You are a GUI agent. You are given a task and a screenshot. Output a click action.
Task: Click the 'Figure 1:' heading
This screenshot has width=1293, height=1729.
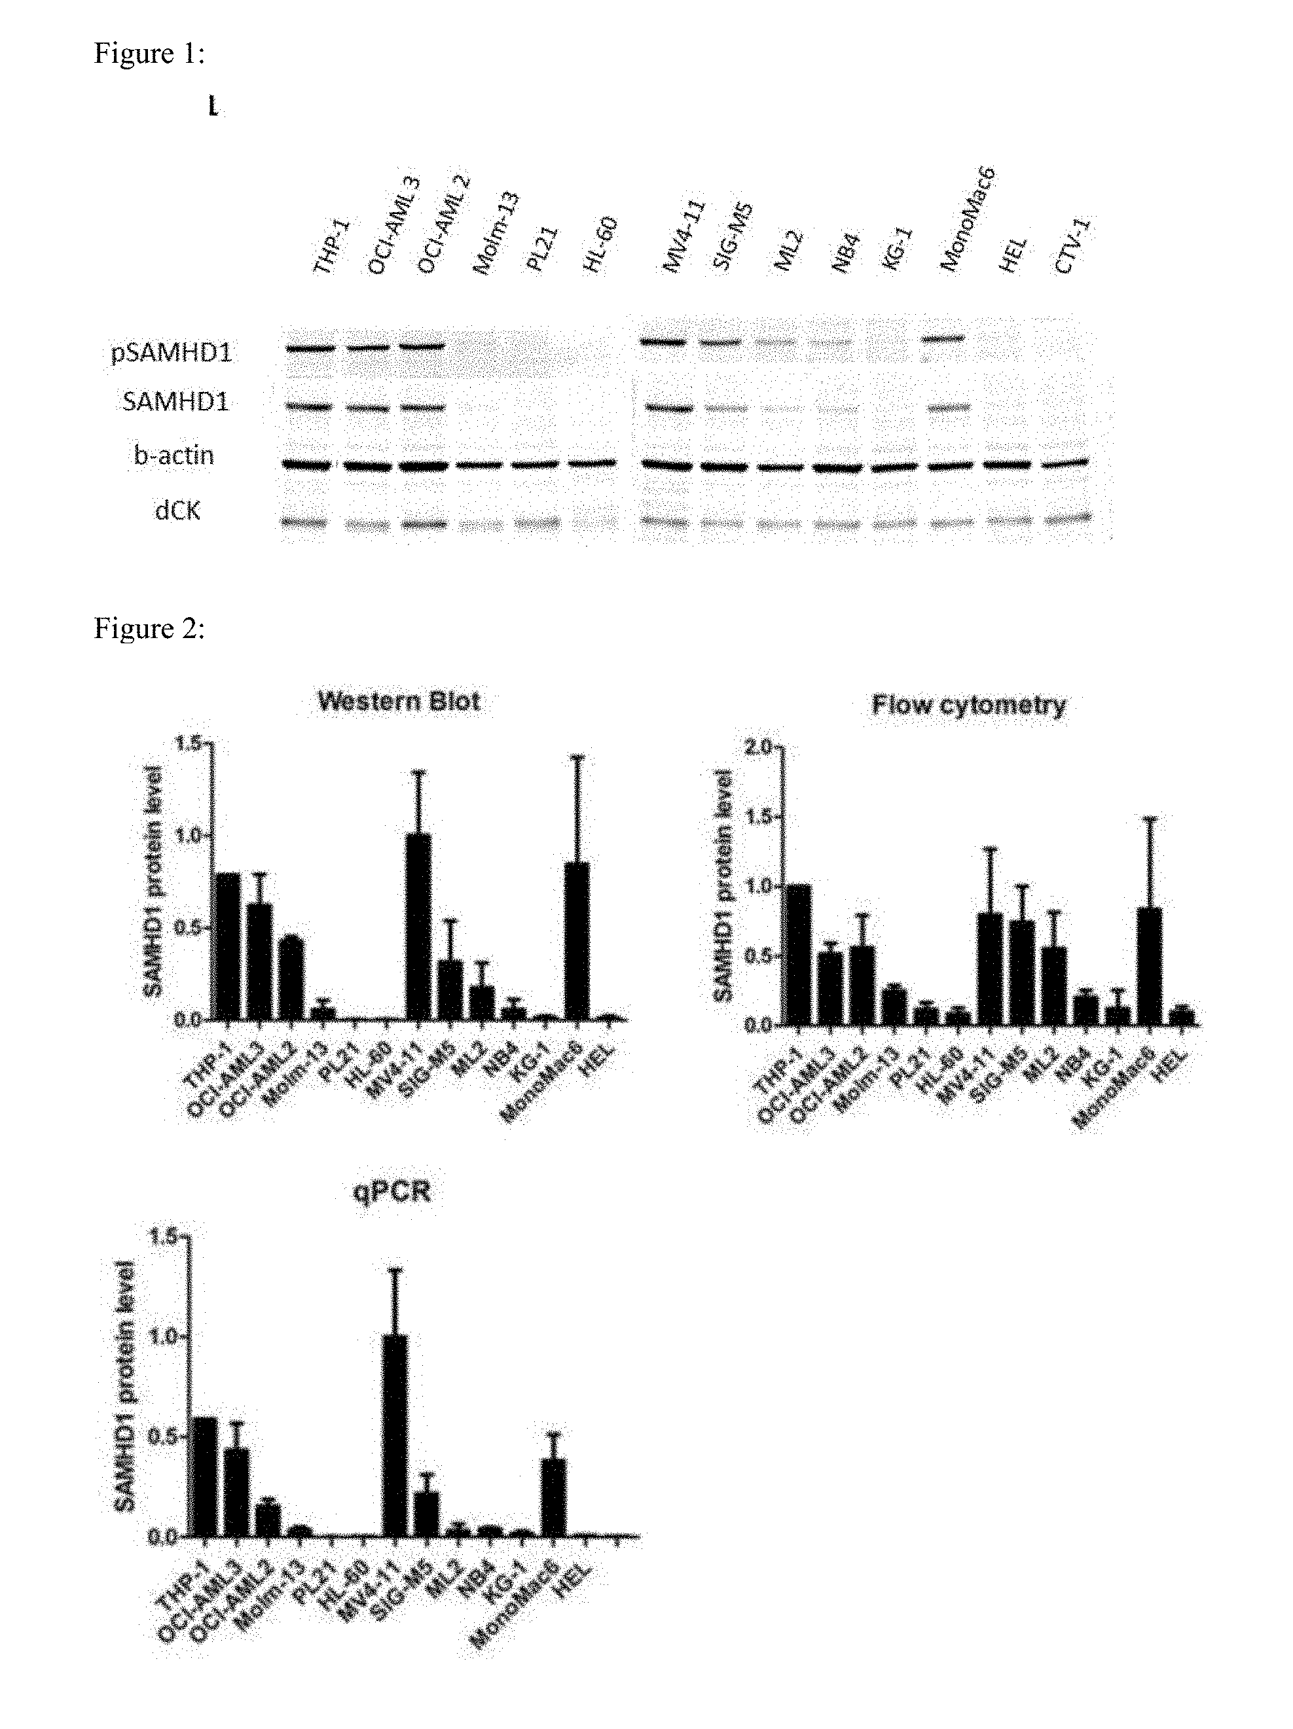point(149,53)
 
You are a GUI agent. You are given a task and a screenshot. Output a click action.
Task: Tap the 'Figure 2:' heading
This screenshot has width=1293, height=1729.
point(149,628)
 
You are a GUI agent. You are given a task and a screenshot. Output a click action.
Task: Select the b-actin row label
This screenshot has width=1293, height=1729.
point(173,455)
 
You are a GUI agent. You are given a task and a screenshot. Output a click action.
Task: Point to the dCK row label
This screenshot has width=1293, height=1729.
point(178,510)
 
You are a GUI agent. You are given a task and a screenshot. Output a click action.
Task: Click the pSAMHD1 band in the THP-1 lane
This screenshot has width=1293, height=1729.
point(310,349)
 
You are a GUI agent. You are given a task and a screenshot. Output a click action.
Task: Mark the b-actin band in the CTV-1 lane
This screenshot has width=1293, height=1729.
point(1065,463)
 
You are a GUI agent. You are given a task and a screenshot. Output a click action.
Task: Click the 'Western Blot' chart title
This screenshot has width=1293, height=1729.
point(399,700)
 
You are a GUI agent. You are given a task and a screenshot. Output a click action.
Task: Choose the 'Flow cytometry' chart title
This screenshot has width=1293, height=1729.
point(968,705)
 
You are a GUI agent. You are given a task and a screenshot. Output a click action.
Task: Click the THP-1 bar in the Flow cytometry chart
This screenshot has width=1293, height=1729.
point(799,954)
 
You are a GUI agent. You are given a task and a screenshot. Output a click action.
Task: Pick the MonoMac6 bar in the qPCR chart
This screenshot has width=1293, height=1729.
point(553,1497)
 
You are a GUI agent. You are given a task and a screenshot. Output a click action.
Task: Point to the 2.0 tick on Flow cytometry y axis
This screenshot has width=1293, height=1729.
point(757,747)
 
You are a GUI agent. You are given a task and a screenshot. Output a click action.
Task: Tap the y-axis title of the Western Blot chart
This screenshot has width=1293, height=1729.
point(153,881)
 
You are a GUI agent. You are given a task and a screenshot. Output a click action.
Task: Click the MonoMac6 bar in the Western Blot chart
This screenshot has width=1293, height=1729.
point(577,941)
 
